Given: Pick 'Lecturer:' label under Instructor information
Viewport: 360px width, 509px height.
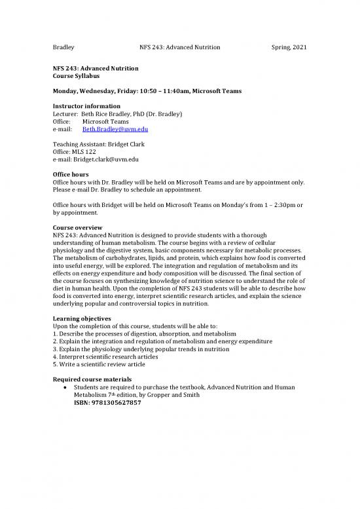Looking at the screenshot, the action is tap(65, 114).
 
